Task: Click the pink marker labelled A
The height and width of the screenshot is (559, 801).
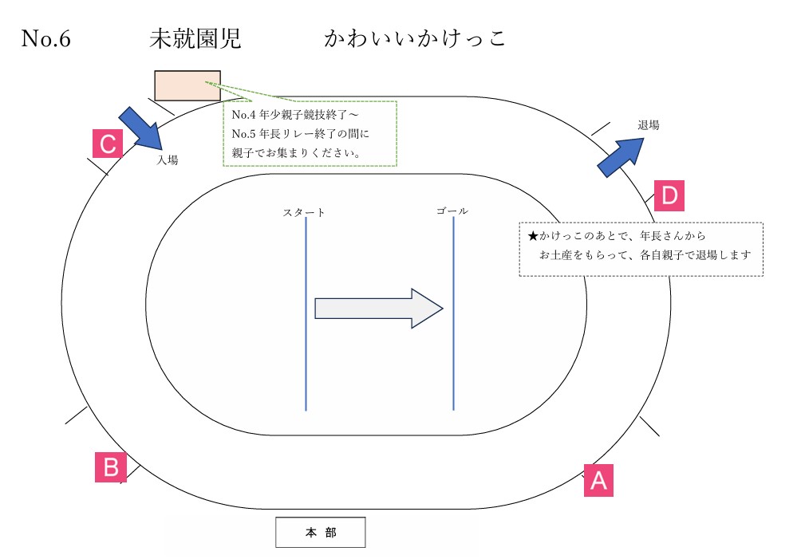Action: [598, 481]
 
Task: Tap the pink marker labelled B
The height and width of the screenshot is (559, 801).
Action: [111, 466]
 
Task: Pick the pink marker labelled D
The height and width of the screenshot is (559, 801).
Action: [669, 195]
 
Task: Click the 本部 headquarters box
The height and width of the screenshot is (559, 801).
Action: [321, 533]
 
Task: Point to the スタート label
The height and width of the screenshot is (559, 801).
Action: [304, 212]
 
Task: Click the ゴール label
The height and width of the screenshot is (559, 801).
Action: [452, 211]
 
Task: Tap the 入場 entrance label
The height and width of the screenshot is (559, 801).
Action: [168, 159]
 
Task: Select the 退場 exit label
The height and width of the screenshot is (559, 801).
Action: [649, 125]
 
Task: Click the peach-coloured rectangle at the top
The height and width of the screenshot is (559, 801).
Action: [187, 85]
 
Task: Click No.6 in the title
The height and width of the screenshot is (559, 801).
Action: [46, 39]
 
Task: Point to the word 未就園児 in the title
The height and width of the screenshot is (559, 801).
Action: [195, 39]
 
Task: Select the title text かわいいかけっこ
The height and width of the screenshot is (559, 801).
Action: [415, 39]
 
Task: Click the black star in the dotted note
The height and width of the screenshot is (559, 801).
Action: [534, 237]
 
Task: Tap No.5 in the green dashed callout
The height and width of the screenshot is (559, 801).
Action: [243, 133]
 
